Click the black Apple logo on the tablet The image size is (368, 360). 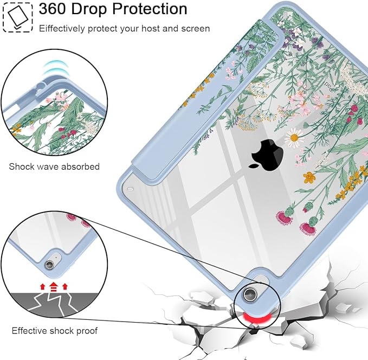pyautogui.click(x=267, y=155)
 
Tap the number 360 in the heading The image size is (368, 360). pyautogui.click(x=53, y=9)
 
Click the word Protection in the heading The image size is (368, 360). pyautogui.click(x=150, y=9)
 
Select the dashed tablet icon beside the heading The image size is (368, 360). pyautogui.click(x=17, y=17)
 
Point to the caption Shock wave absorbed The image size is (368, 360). pyautogui.click(x=54, y=166)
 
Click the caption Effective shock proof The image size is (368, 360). pyautogui.click(x=55, y=331)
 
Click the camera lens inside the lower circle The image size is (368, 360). pyautogui.click(x=49, y=265)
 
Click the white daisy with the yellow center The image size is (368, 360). pyautogui.click(x=294, y=138)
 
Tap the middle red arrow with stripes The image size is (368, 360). pyautogui.click(x=54, y=287)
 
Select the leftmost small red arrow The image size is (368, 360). pyautogui.click(x=42, y=287)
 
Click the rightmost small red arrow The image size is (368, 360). pyautogui.click(x=65, y=287)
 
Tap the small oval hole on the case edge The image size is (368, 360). pyautogui.click(x=130, y=189)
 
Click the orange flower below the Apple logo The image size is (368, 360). pyautogui.click(x=309, y=177)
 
